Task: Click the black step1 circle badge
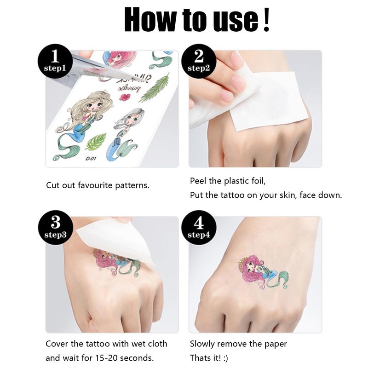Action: [x=55, y=62]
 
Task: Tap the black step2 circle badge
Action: [x=199, y=62]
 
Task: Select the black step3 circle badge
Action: [x=56, y=228]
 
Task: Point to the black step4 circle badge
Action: [x=199, y=228]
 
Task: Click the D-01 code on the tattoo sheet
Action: [x=91, y=159]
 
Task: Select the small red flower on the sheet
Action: [x=125, y=97]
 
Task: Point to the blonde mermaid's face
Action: [x=94, y=107]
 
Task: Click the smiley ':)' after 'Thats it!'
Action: [x=225, y=358]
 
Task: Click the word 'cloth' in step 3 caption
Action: [x=157, y=344]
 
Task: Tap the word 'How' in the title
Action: [x=151, y=20]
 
